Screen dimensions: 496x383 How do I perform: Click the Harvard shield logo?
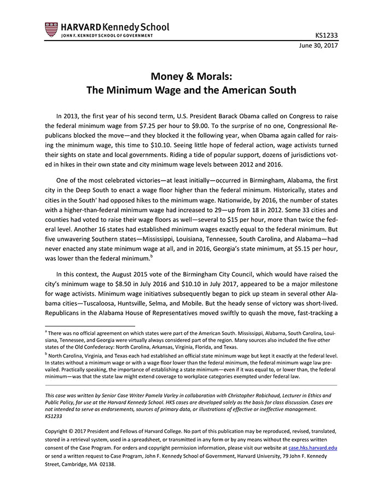51,30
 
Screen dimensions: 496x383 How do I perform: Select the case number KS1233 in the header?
327,36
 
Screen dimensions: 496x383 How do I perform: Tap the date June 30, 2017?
318,46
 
